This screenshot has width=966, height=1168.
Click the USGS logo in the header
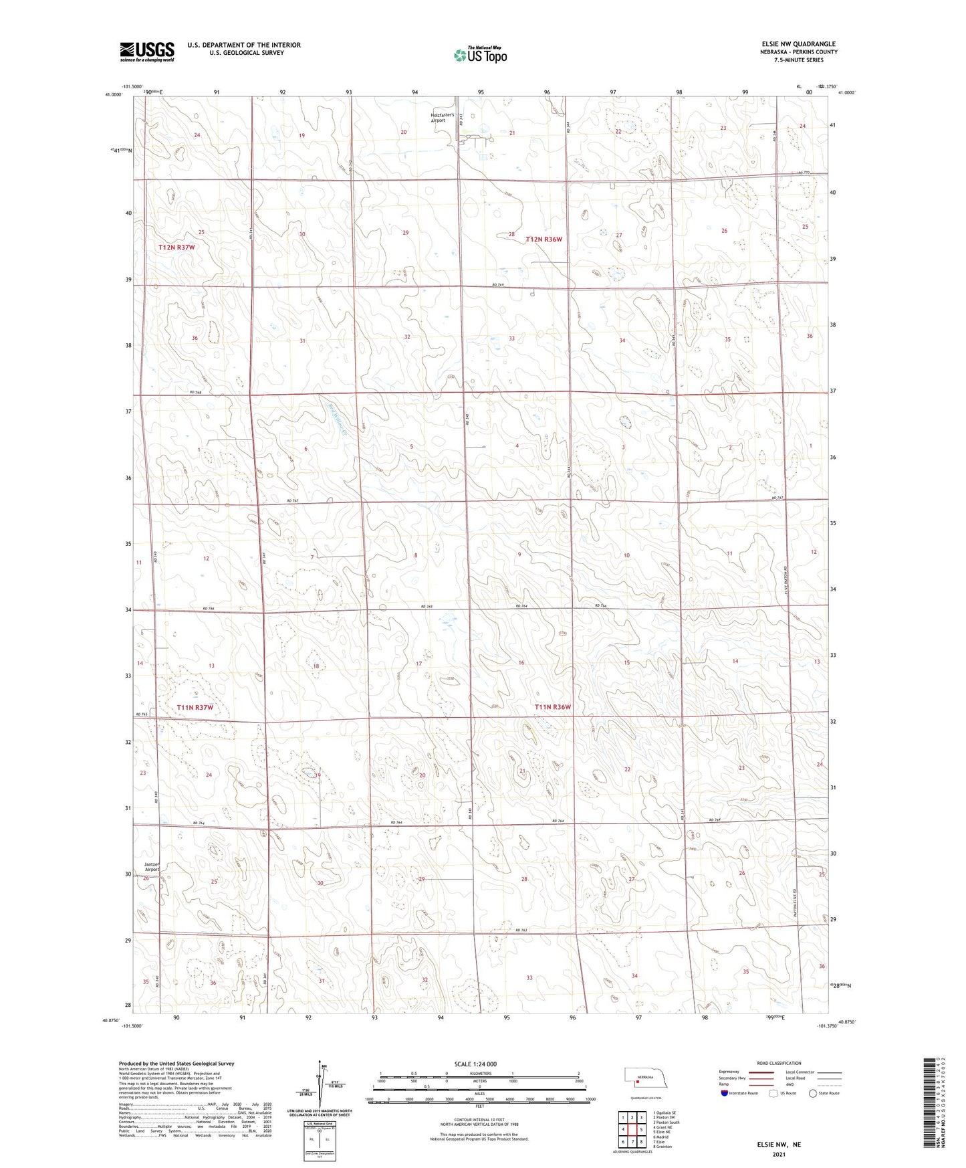[147, 51]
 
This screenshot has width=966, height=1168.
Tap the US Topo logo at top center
[479, 55]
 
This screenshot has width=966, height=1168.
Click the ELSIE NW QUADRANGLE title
[798, 44]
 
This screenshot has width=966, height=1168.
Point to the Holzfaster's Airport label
[443, 117]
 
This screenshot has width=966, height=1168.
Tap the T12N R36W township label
[544, 239]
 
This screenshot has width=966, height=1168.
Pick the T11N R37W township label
[195, 707]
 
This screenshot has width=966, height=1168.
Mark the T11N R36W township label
[553, 707]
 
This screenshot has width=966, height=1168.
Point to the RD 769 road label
[497, 285]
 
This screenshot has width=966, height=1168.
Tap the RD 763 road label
[521, 930]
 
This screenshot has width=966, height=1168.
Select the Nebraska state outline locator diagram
[646, 1079]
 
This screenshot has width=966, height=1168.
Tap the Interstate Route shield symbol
[725, 1093]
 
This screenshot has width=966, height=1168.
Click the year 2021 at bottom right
[777, 1154]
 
